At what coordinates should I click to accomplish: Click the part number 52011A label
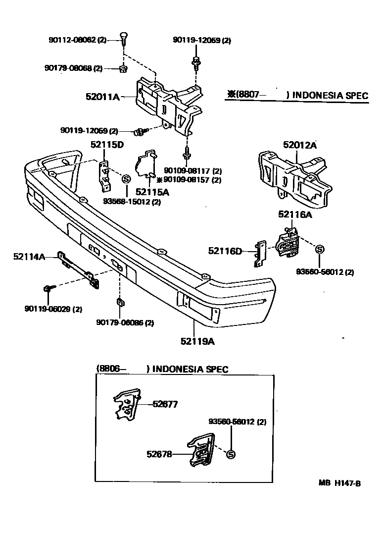[x=102, y=98]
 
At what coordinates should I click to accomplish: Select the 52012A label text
[x=299, y=145]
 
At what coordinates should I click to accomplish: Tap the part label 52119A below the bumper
[x=197, y=341]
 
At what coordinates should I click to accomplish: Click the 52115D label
[x=106, y=145]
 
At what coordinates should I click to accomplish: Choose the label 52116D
[x=225, y=251]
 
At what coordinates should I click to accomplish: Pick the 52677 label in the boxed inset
[x=165, y=404]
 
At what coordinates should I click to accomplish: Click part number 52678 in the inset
[x=159, y=453]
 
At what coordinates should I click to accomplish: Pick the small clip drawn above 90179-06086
[x=119, y=302]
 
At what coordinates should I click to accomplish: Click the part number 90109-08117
[x=191, y=171]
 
